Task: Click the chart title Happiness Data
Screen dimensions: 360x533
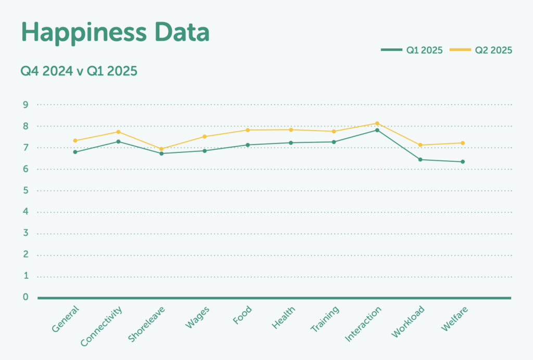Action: click(115, 33)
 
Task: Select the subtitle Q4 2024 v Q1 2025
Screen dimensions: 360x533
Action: click(79, 71)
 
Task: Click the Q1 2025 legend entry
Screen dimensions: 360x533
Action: click(412, 50)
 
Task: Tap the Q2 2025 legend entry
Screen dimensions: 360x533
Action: click(481, 50)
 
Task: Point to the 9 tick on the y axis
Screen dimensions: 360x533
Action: click(25, 105)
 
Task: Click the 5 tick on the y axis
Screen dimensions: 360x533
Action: click(25, 190)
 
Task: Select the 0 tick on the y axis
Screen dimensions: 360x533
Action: click(25, 298)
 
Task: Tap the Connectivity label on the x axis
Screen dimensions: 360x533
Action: click(101, 326)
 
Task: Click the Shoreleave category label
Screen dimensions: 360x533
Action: click(146, 324)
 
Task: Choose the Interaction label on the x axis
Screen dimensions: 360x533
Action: click(363, 324)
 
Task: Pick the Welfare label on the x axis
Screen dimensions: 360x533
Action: click(454, 318)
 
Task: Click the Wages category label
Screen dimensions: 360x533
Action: click(197, 317)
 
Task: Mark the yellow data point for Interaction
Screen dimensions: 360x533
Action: click(377, 123)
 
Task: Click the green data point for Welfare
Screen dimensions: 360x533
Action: click(463, 162)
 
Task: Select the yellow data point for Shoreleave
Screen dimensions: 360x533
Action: click(161, 149)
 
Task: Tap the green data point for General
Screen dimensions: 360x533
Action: click(75, 152)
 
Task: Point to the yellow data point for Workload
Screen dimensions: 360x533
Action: click(420, 145)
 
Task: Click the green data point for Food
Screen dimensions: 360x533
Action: click(248, 145)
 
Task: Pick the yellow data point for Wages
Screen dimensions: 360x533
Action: click(205, 137)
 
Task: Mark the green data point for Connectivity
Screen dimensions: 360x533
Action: click(119, 142)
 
